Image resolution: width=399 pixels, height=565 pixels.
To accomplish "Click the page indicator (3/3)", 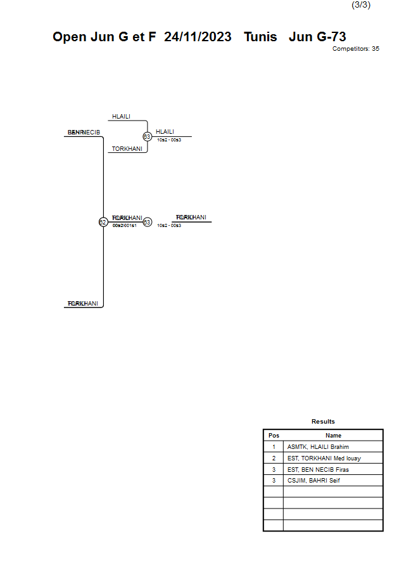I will coord(361,5).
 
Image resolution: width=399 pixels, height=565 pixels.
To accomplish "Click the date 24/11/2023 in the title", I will coord(198,37).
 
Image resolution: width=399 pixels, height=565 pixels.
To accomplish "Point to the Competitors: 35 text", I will coord(355,49).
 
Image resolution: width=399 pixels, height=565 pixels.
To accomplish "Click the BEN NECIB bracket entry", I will coord(84,132).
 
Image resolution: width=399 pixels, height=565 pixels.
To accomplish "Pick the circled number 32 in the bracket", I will coord(103,222).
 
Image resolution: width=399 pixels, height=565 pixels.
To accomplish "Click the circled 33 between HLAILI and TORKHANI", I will coord(147,136).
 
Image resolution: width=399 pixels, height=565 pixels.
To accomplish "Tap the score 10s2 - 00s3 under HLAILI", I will coord(169,140).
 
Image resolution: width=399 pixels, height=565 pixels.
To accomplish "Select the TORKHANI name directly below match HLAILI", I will coord(127,149).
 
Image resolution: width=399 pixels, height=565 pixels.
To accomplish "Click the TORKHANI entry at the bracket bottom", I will coord(83,304).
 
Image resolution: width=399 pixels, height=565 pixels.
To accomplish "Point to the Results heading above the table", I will coord(323,422).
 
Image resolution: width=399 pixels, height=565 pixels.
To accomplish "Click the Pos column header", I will coord(274,436).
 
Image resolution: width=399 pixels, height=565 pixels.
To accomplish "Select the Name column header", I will coord(333,436).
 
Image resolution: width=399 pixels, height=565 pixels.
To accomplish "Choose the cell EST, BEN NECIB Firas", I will coord(318,470).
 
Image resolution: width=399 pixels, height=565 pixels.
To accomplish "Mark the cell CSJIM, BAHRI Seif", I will coord(313,481).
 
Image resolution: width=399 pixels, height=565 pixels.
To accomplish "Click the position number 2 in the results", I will coord(274,458).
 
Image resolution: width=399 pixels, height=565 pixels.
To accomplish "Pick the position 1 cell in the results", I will coord(274,447).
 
